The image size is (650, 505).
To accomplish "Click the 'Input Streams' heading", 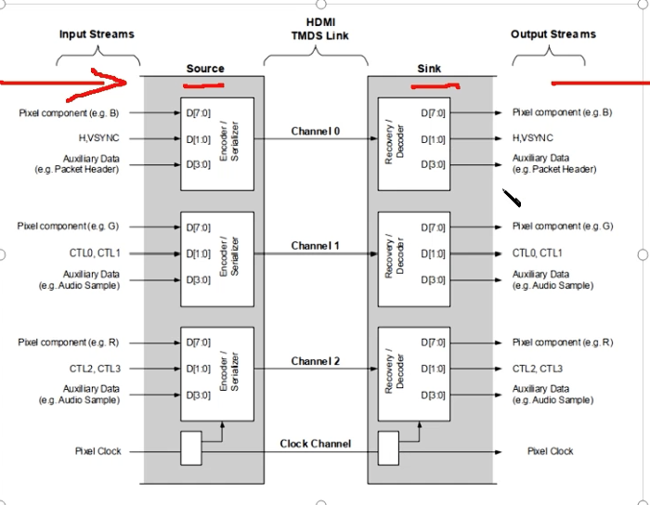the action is pos(97,34).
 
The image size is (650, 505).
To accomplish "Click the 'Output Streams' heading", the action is pos(553,34).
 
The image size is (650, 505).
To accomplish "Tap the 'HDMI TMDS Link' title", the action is pos(320,29).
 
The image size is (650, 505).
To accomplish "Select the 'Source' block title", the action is pos(205,69).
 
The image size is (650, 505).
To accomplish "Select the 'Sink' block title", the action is pos(429,69).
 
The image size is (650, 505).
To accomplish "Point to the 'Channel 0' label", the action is pos(316,131).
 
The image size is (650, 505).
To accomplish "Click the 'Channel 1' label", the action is pos(315,246).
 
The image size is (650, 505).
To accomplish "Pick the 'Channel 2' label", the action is pos(316,361).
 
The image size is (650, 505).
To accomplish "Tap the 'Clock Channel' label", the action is pos(316,444).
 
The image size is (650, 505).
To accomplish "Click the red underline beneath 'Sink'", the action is pos(435,86).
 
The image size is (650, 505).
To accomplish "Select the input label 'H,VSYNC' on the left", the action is pos(98,138).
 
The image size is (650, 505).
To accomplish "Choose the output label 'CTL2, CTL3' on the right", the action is pos(538,369).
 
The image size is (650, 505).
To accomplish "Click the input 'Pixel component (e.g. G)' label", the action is pos(68,227).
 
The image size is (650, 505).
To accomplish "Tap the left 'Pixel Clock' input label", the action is pos(97,451).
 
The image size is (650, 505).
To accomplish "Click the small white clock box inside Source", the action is pos(191,447).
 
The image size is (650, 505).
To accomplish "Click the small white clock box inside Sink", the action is pos(388,447).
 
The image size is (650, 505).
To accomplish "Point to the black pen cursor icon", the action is pos(512,198).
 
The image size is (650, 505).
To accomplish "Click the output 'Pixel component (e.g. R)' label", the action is pos(563,343).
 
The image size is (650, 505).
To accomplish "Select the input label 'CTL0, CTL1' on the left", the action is pos(95,253).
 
